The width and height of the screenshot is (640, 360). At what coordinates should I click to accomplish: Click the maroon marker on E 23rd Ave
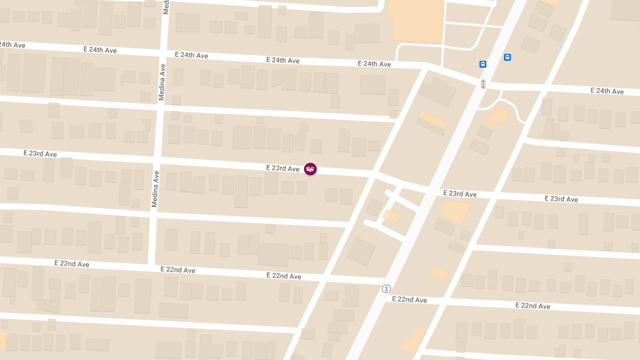pyautogui.click(x=310, y=169)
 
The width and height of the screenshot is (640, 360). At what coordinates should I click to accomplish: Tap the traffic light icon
pyautogui.click(x=483, y=84)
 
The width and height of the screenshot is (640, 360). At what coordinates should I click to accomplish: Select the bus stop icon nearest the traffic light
pyautogui.click(x=483, y=65)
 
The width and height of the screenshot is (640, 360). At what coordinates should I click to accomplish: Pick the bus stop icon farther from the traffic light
pyautogui.click(x=507, y=58)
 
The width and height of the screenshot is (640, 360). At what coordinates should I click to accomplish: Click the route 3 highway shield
pyautogui.click(x=386, y=289)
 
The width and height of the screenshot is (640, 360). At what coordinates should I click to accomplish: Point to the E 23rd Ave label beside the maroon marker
pyautogui.click(x=283, y=169)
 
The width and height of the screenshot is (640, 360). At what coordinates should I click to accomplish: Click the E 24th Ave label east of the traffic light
pyautogui.click(x=607, y=91)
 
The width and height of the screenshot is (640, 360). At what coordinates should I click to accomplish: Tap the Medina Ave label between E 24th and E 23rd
pyautogui.click(x=162, y=82)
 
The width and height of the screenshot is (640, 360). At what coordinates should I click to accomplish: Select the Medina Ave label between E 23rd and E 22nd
pyautogui.click(x=155, y=189)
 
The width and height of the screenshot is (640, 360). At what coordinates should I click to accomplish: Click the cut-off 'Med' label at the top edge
pyautogui.click(x=166, y=6)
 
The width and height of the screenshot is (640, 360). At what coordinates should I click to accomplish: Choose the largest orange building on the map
pyautogui.click(x=418, y=20)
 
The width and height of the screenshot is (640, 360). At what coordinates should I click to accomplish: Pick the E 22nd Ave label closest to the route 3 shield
pyautogui.click(x=409, y=300)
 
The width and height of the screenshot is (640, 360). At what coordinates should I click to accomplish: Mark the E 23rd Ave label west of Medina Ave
pyautogui.click(x=40, y=154)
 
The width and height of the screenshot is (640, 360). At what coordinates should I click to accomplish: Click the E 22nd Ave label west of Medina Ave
pyautogui.click(x=71, y=264)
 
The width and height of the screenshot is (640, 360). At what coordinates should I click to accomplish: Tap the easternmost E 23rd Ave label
pyautogui.click(x=561, y=199)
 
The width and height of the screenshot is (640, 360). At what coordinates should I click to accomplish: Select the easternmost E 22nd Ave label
pyautogui.click(x=533, y=306)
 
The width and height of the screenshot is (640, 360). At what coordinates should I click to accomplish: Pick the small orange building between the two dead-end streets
pyautogui.click(x=392, y=216)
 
